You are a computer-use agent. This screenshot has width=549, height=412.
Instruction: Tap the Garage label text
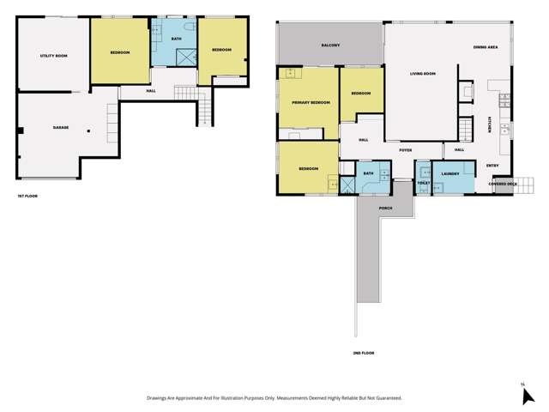click(x=61, y=128)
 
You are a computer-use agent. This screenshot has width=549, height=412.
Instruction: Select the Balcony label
click(x=331, y=45)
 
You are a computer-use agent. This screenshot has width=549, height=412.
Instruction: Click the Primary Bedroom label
click(x=311, y=102)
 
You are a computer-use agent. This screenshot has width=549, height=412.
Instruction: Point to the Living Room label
click(x=423, y=74)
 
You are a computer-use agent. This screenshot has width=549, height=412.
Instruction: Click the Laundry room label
click(x=452, y=174)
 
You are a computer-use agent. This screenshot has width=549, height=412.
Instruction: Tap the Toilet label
click(x=422, y=183)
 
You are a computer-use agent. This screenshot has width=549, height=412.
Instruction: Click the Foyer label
click(x=406, y=150)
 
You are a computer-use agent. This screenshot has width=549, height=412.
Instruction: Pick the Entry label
click(x=492, y=165)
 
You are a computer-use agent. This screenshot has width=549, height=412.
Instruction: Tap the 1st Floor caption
click(x=27, y=197)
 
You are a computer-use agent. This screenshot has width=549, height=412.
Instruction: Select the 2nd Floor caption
click(x=364, y=353)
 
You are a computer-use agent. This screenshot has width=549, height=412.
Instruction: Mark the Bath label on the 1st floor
click(x=176, y=39)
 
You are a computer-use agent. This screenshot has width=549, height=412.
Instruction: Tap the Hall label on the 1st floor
click(x=151, y=91)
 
